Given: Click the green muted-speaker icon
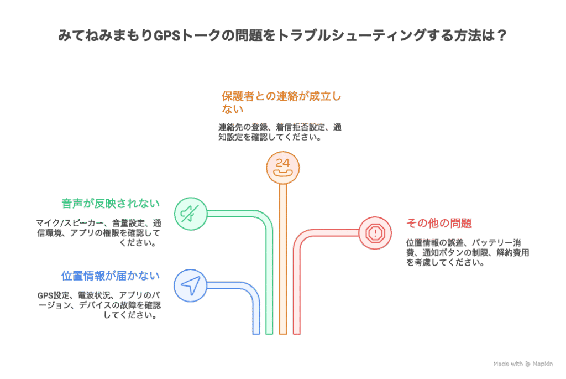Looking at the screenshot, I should [191, 213].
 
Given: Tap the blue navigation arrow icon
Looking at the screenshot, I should [190, 285].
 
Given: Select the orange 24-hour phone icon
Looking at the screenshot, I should [282, 168].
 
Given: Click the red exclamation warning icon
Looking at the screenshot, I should [375, 232].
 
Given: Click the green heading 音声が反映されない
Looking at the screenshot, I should [111, 203].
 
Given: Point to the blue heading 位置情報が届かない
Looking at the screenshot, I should [110, 276].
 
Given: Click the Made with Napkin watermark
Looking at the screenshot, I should [522, 364].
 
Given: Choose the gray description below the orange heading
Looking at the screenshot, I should [279, 132].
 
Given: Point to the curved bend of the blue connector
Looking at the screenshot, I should [251, 292].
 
